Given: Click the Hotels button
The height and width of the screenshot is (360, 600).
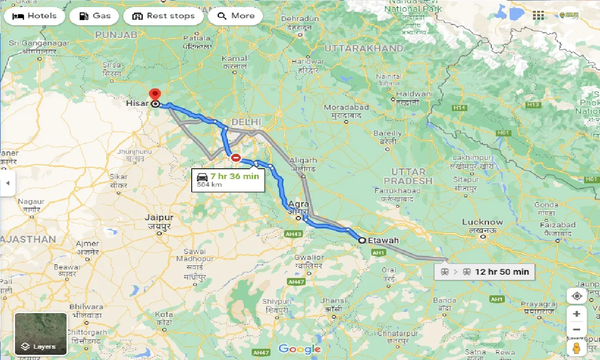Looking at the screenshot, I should pos(34,16).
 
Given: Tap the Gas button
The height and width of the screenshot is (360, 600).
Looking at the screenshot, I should pos(94,16).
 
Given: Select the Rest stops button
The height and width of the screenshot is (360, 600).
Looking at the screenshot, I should pos(163,16).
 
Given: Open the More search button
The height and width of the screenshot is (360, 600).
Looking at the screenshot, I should pos(235,16).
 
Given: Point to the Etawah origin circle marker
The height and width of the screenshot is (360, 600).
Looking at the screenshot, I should pos(362,240).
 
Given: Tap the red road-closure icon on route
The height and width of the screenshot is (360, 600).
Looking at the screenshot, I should pos(236,158).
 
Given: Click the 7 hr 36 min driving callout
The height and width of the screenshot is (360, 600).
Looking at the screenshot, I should pos(228,180).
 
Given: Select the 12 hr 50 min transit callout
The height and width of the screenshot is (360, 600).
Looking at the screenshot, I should pos(484,271).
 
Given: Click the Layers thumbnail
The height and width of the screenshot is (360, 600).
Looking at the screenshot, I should pos(41,334).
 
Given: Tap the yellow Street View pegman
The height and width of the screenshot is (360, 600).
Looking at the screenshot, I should pos(576,347).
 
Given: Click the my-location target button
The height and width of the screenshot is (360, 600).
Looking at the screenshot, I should pos(577,296).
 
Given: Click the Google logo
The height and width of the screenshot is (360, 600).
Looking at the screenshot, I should pos(299,349).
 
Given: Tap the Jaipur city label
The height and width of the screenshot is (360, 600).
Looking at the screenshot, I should pos(159,218).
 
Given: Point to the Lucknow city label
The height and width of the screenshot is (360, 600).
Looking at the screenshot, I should pos(482,222).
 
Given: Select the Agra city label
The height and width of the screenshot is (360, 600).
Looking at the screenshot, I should pos(299,204).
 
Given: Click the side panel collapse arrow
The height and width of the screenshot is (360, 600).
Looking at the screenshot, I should pos(7,183).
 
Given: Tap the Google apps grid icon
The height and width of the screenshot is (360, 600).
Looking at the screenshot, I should pos(538,15).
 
